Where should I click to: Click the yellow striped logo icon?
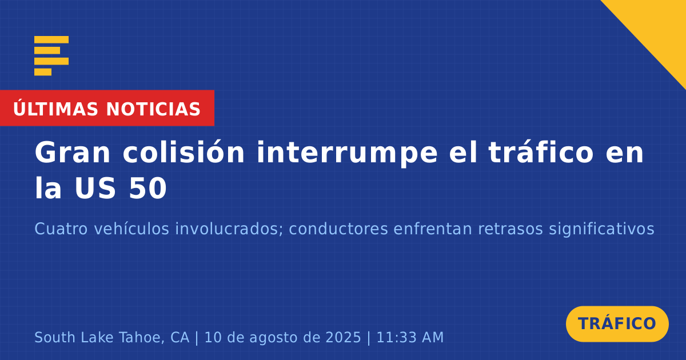pyautogui.click(x=51, y=56)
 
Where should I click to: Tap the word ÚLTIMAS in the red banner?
pyautogui.click(x=55, y=109)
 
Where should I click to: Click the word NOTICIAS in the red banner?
pyautogui.click(x=153, y=109)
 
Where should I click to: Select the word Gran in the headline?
pyautogui.click(x=72, y=153)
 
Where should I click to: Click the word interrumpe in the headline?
pyautogui.click(x=347, y=154)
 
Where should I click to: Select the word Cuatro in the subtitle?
pyautogui.click(x=61, y=229)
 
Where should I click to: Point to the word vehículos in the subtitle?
pyautogui.click(x=131, y=229)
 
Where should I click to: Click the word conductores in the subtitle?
pyautogui.click(x=338, y=229)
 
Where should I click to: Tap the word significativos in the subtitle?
pyautogui.click(x=601, y=229)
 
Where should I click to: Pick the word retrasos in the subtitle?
pyautogui.click(x=510, y=229)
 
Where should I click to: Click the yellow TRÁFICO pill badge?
pyautogui.click(x=617, y=324)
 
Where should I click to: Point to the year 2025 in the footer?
pyautogui.click(x=343, y=338)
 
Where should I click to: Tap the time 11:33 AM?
pyautogui.click(x=410, y=338)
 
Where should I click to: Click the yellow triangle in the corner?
pyautogui.click(x=659, y=27)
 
